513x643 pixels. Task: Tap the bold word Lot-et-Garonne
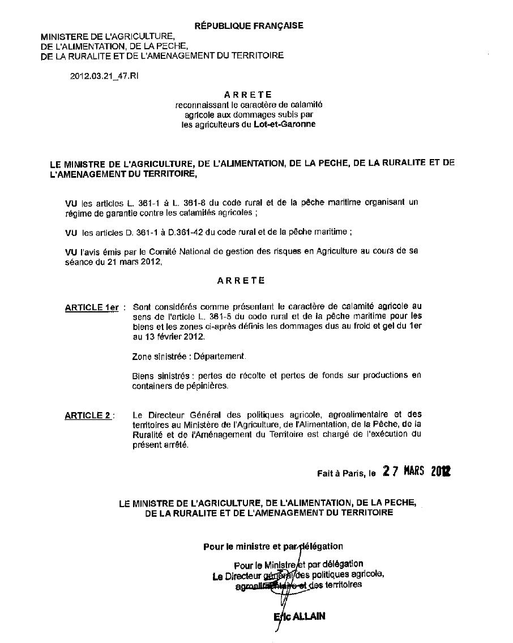pos(285,125)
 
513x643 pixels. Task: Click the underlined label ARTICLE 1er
pos(92,308)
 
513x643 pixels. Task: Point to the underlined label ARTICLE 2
pos(88,415)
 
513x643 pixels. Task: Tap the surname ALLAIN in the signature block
pos(309,616)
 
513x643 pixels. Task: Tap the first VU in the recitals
pos(71,202)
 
